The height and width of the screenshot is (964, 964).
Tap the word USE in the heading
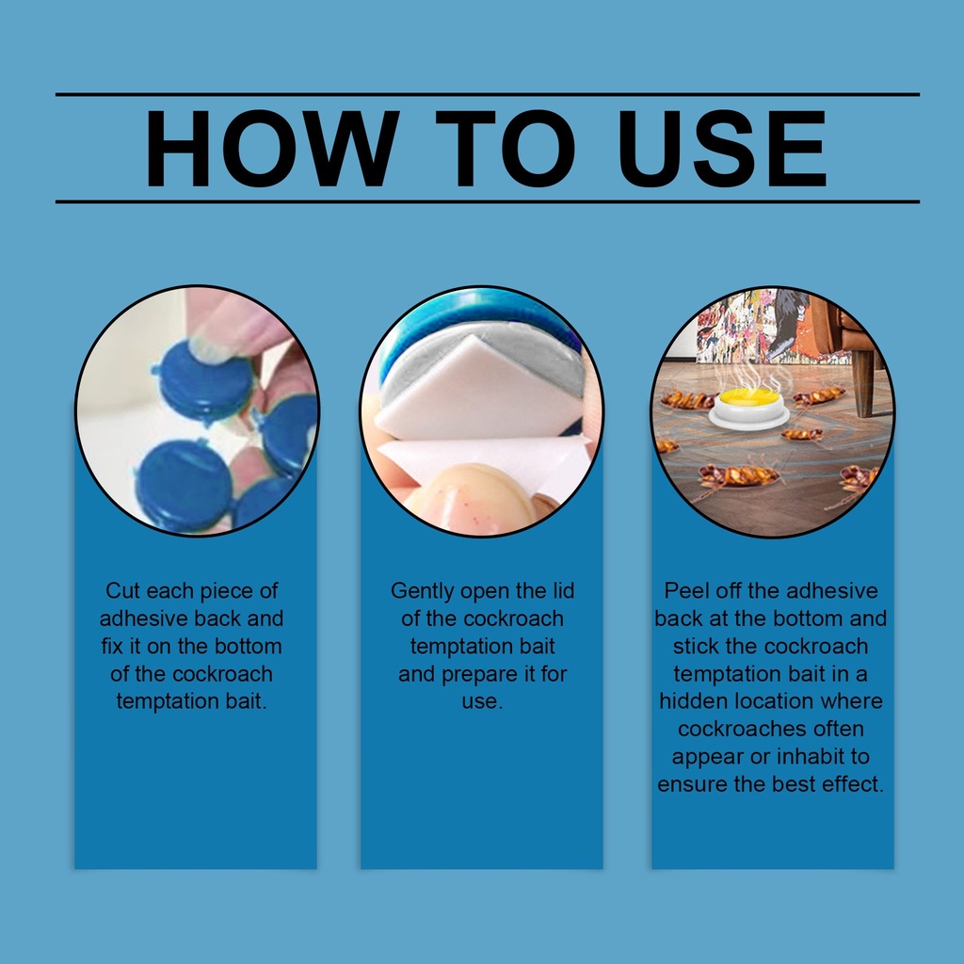pyautogui.click(x=721, y=148)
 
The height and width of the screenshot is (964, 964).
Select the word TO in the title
pyautogui.click(x=505, y=148)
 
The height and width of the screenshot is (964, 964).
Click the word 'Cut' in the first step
pyautogui.click(x=122, y=591)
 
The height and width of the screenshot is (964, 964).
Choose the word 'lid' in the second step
pyautogui.click(x=563, y=591)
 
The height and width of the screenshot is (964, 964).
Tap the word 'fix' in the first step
pyautogui.click(x=113, y=646)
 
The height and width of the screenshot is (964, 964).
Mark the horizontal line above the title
pyautogui.click(x=488, y=95)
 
